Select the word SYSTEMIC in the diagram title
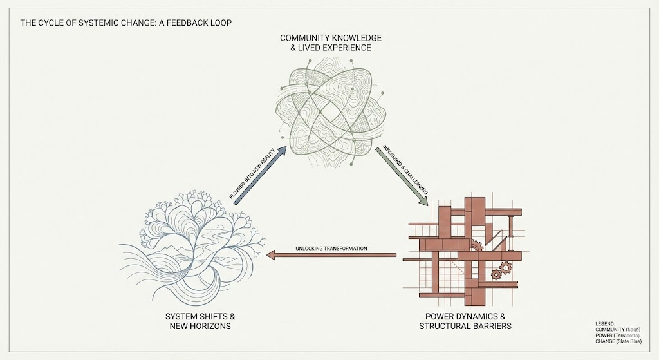tap(97, 23)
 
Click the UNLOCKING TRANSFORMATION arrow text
tap(331, 249)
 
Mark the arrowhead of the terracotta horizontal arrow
tap(272, 256)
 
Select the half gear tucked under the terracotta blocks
tap(475, 245)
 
